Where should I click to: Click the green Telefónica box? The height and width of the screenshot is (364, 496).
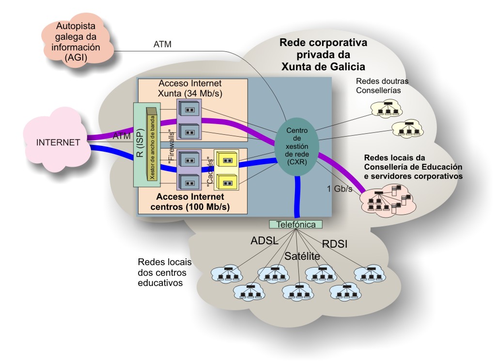point(295,224)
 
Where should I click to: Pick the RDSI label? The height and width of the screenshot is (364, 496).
point(335,244)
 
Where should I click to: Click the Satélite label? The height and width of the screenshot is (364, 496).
point(302,256)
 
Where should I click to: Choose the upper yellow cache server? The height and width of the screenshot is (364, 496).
point(227,160)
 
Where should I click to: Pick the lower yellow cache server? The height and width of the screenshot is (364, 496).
point(227,181)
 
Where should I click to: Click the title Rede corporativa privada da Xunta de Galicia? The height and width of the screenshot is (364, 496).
point(323,54)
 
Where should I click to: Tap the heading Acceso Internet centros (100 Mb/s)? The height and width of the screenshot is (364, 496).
point(193,203)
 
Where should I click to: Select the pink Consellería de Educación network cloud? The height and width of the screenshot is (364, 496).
point(387,200)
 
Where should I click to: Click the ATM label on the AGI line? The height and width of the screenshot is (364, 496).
point(162,45)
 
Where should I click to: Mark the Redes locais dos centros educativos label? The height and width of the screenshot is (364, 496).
point(165,272)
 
